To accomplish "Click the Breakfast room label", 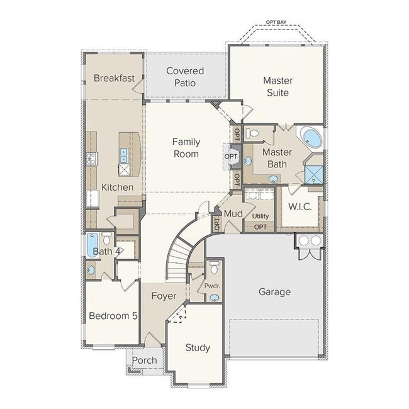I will point(114,78).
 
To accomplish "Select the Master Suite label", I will point(276,87).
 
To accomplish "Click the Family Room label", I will point(186,148).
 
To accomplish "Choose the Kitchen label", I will point(118,187).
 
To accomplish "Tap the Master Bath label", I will point(275,158).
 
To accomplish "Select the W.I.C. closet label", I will point(300,207).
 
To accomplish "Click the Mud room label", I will point(233,213).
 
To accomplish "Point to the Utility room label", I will point(261,216).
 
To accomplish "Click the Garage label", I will point(275,291).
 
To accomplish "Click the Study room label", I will point(198,347).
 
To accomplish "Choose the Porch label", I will point(145,361).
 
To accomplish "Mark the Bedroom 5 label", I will point(113,316).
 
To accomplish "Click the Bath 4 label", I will point(107,252).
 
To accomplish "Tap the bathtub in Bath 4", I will point(92,244).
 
